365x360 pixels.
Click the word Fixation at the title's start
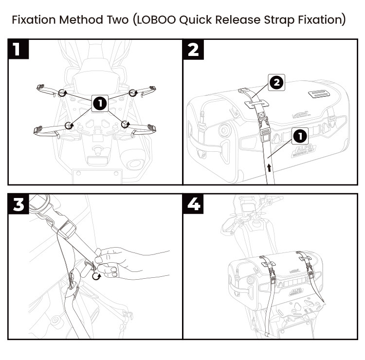click(33, 20)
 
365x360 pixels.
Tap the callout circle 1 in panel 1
click(100, 103)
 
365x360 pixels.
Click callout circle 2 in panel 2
click(276, 83)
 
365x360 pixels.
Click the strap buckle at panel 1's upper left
click(41, 88)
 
